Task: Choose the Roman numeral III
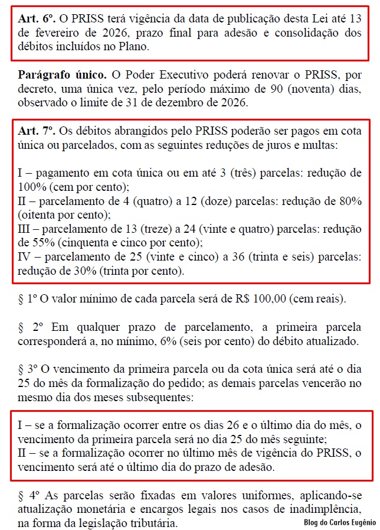(x=26, y=229)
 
